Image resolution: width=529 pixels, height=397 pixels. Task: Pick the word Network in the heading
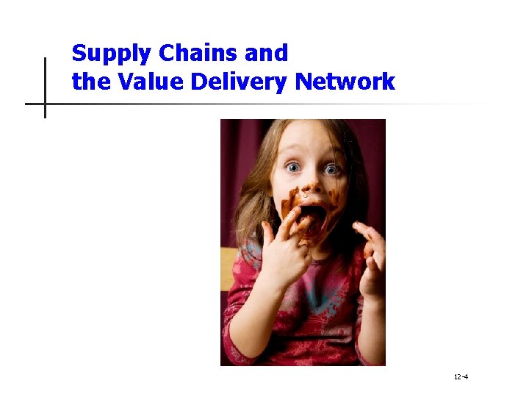point(345,82)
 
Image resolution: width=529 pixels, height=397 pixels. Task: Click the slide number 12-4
point(461,377)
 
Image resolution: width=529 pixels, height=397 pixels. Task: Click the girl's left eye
point(332,170)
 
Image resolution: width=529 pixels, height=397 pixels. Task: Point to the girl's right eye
point(295,168)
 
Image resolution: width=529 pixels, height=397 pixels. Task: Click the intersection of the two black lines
point(45,104)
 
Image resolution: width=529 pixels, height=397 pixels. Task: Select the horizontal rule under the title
point(257,104)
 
